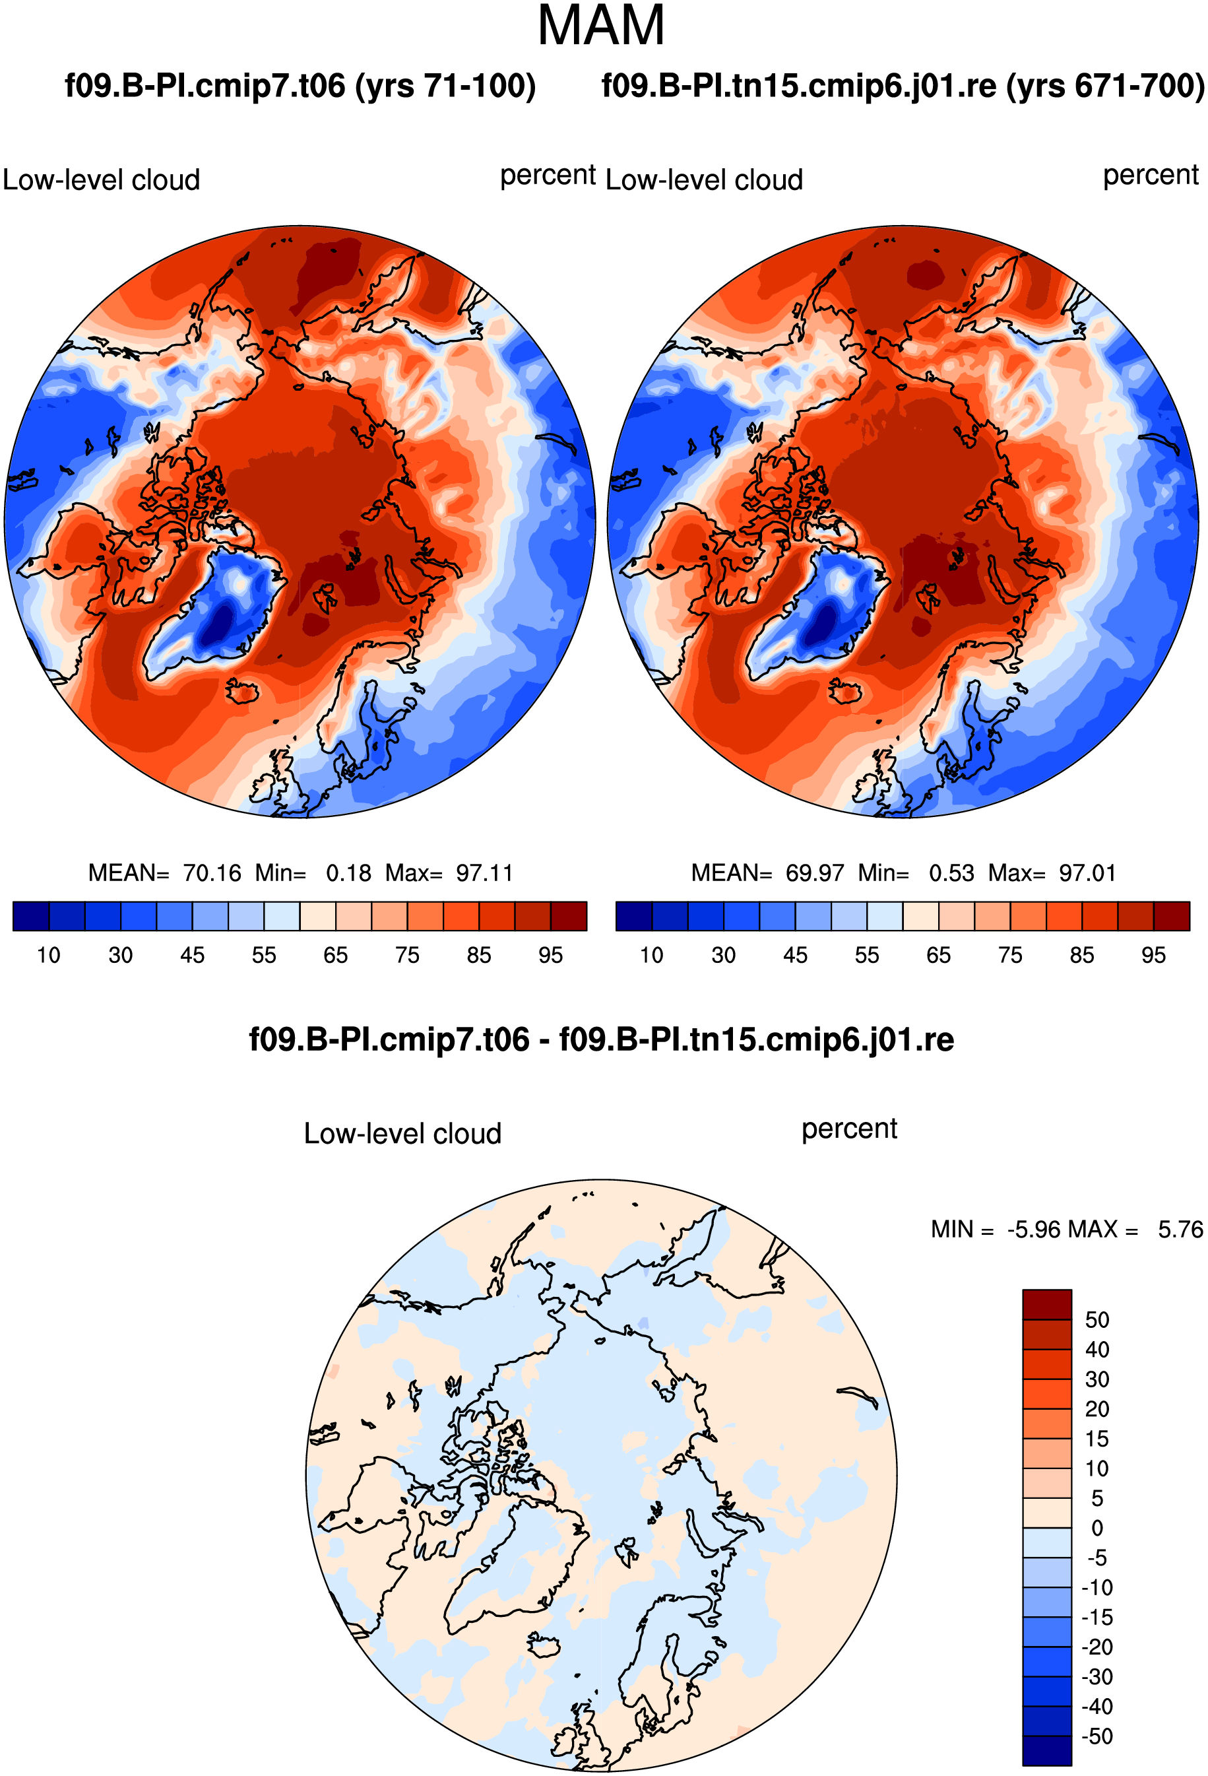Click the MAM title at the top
601,26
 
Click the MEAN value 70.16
212,872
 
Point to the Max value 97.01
1087,872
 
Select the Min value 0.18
348,872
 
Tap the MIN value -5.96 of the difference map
1034,1229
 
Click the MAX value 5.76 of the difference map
1180,1229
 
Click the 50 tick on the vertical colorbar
1097,1320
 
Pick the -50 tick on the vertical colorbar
1097,1736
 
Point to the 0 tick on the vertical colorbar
1097,1528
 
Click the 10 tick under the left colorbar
48,955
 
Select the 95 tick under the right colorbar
1153,955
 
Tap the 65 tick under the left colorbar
335,955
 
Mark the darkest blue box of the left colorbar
31,916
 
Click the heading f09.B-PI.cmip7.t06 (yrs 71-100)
300,86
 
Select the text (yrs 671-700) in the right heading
1106,86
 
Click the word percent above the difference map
849,1129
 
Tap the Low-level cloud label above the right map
704,180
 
